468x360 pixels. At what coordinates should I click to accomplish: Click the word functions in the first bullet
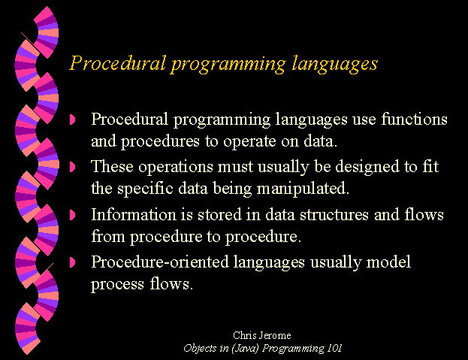414,119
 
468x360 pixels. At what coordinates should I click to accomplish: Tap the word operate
249,141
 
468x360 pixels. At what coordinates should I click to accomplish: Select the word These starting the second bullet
112,166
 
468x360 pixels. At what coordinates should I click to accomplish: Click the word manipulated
303,189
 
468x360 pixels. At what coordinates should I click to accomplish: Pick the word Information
134,214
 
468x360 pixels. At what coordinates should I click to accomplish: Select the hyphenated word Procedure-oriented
160,262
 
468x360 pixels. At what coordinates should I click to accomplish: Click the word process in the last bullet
118,285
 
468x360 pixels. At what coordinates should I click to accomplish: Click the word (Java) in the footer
245,349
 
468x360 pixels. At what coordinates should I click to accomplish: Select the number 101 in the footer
334,348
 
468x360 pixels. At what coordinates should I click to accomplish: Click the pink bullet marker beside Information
72,215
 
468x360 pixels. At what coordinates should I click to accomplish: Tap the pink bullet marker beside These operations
72,167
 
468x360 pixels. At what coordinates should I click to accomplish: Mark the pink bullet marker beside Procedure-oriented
72,262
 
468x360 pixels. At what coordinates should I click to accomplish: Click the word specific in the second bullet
145,189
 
